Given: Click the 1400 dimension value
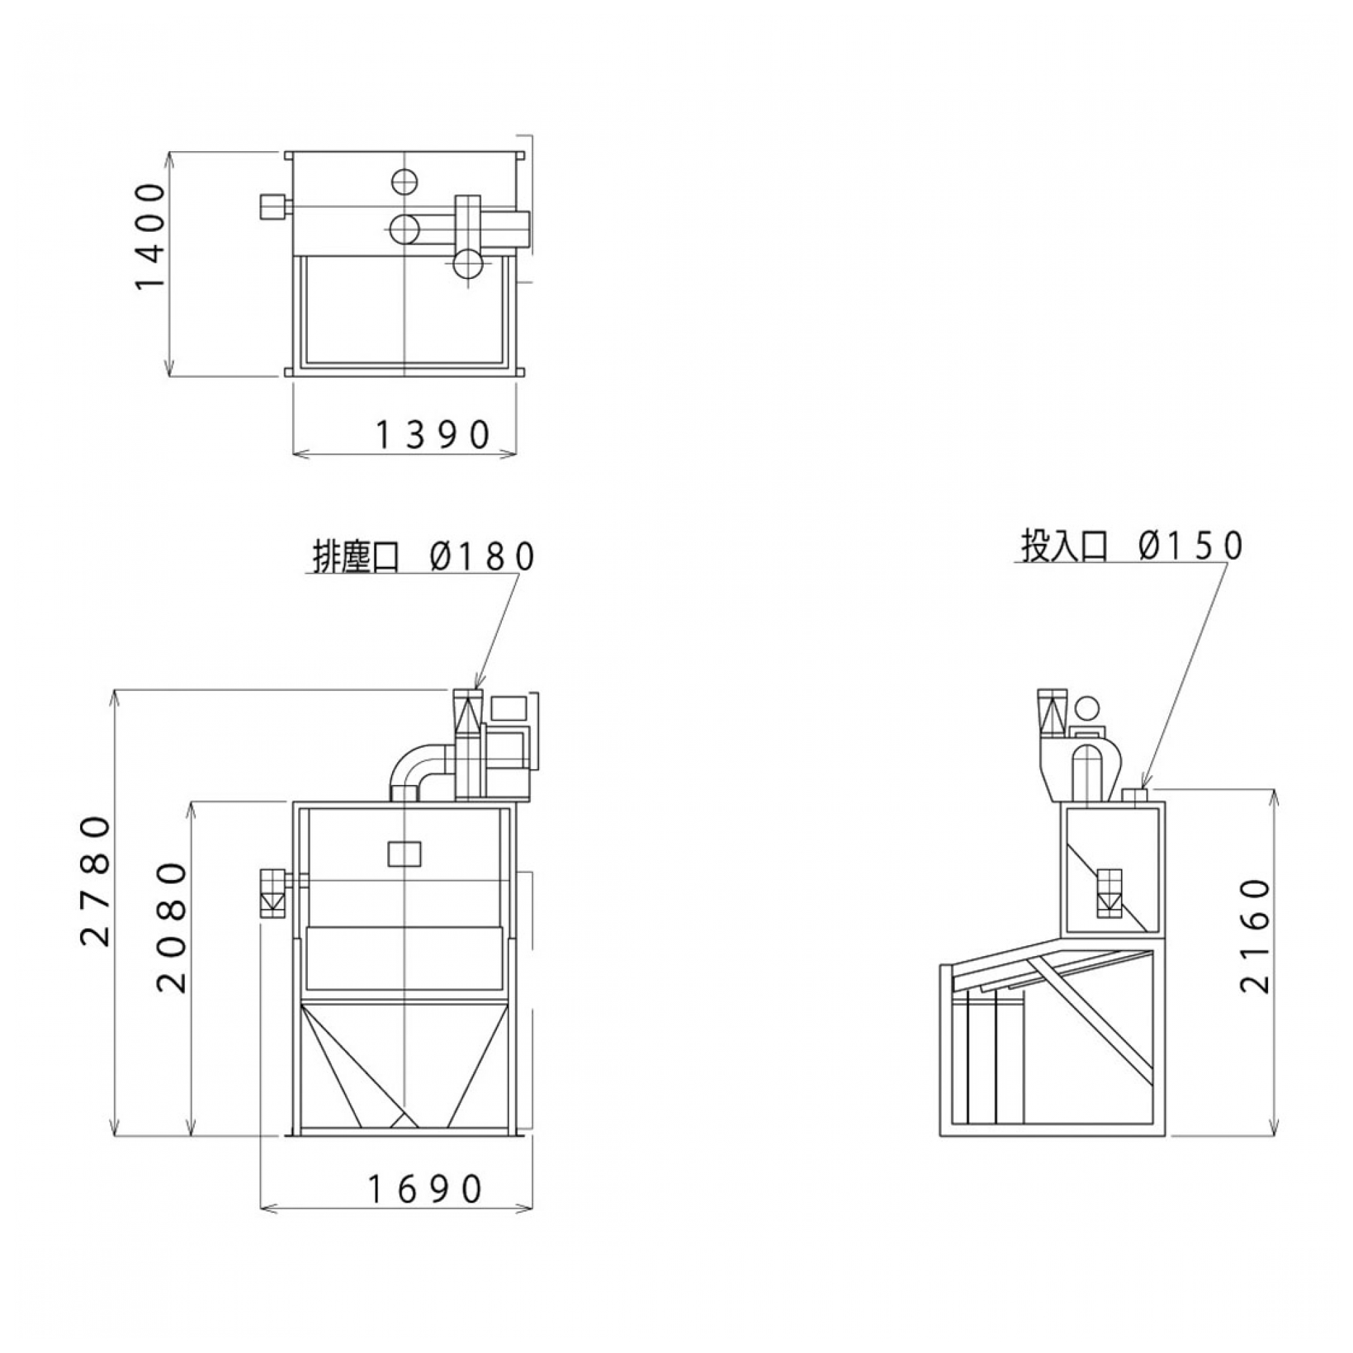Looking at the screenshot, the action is [x=149, y=235].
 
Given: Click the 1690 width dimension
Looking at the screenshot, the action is [x=426, y=1189].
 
